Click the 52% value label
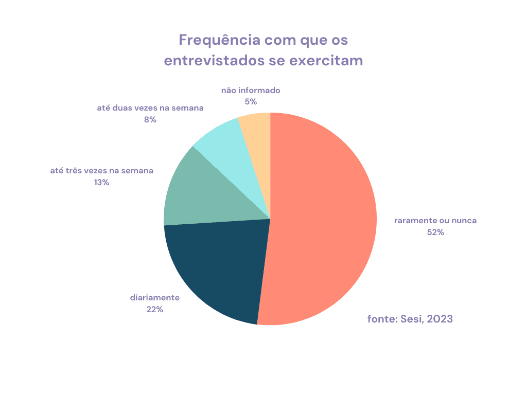(x=435, y=232)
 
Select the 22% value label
(x=154, y=309)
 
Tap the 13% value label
(x=101, y=182)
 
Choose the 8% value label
(x=150, y=119)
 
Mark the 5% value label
(x=251, y=102)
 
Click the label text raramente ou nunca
(x=435, y=221)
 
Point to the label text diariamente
(x=154, y=298)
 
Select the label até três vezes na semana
(x=101, y=171)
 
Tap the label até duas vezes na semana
(x=150, y=108)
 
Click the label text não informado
(x=251, y=91)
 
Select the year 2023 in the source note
(x=440, y=319)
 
